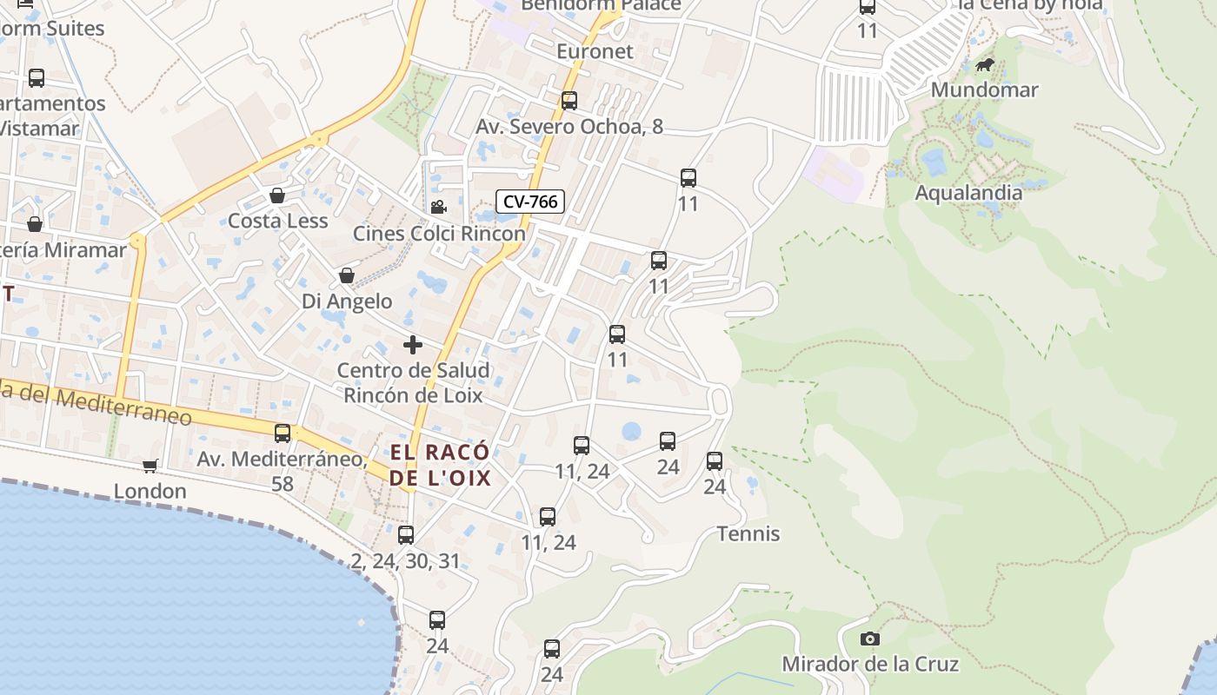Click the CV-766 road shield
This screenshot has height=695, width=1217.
coord(530,202)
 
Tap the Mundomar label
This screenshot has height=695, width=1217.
coord(984,89)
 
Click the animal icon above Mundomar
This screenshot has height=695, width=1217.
coord(985,64)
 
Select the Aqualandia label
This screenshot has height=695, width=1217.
coord(968,193)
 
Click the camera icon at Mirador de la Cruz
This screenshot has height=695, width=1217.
coord(869,639)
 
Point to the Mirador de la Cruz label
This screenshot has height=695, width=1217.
coord(870,665)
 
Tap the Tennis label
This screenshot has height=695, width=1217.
coord(748,533)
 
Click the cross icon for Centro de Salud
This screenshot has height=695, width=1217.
coord(413,345)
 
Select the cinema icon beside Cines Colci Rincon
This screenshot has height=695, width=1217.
coord(438,207)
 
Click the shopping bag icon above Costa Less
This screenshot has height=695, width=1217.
coord(277,195)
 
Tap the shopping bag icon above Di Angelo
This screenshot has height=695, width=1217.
coord(347,275)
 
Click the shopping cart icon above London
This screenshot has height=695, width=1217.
coord(150,467)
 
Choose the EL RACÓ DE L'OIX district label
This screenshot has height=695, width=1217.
coord(440,465)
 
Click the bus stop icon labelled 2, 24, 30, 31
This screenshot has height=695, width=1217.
coord(406,535)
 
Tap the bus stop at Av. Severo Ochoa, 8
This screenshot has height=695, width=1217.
coord(569,101)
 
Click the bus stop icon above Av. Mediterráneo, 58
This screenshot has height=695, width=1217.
coord(283,434)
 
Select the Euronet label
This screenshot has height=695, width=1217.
coord(595,51)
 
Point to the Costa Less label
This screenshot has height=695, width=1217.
coord(277,221)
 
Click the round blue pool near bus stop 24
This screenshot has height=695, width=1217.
coord(631,431)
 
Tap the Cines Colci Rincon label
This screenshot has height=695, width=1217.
coord(439,234)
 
